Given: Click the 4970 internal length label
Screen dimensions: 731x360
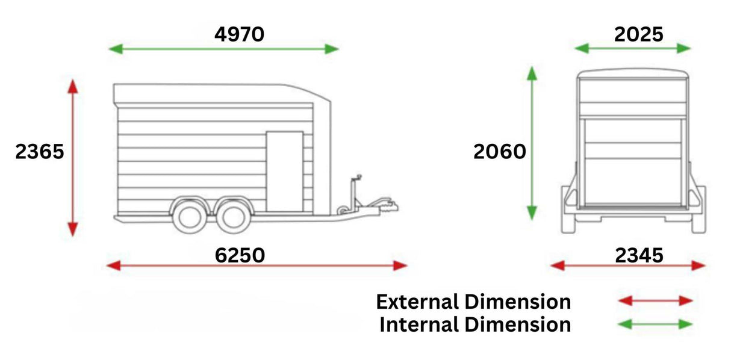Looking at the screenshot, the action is click(x=239, y=34).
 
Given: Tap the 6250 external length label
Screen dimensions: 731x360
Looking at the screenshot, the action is click(x=240, y=255).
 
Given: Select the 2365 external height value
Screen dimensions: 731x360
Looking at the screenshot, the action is click(x=40, y=152).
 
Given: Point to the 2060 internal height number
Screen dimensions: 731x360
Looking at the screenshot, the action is click(x=500, y=152).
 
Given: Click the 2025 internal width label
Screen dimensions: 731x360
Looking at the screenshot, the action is click(x=639, y=34).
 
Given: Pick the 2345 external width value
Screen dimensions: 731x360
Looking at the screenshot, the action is click(x=639, y=255).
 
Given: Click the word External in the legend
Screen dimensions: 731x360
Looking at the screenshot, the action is click(x=417, y=302).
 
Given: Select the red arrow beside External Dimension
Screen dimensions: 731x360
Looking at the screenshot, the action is click(x=655, y=300).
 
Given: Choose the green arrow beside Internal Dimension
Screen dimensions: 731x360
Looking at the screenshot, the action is click(x=655, y=324).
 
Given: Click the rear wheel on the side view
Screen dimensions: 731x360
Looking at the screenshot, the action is click(x=190, y=216).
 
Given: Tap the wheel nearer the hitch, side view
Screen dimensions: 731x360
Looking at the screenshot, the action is click(x=234, y=216).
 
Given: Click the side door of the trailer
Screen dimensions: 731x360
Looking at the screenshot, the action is click(x=285, y=172).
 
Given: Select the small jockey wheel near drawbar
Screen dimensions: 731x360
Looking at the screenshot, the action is click(x=343, y=210).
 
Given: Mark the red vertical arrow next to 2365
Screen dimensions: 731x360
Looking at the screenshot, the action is click(x=72, y=158).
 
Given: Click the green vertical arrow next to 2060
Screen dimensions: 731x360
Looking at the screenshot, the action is click(x=532, y=143).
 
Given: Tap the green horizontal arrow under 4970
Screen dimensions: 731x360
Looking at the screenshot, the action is click(x=224, y=49).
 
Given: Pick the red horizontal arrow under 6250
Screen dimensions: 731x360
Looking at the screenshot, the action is click(x=257, y=265).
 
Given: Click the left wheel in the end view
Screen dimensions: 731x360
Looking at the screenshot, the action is click(x=568, y=209).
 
